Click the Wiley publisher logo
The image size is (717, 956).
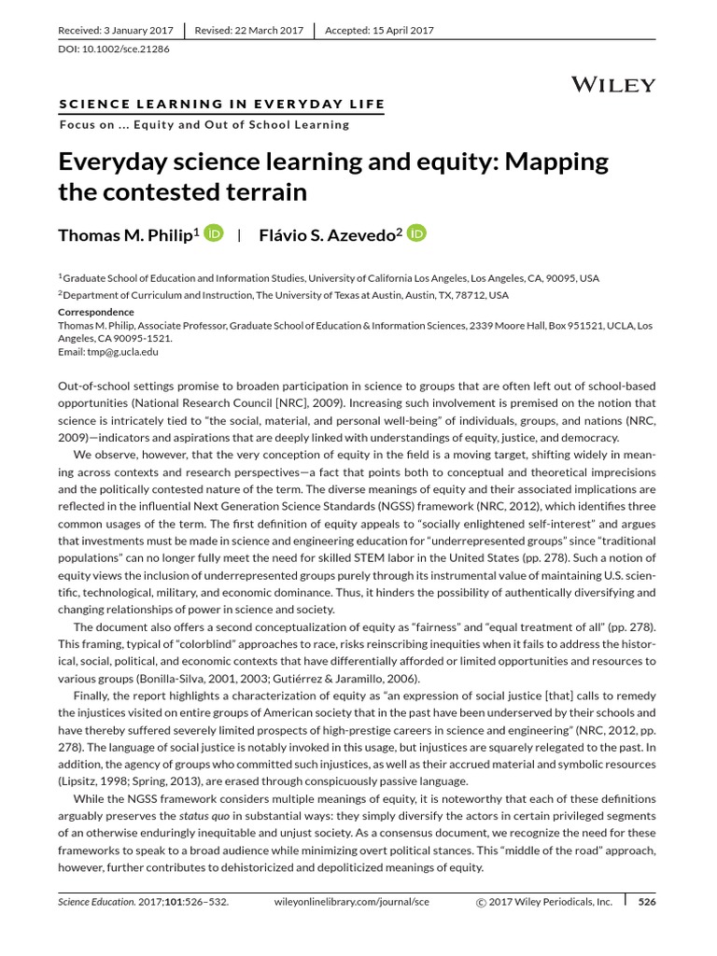(612, 85)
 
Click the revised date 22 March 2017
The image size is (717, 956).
(266, 30)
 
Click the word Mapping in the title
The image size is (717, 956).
(558, 162)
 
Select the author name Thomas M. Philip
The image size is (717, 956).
(125, 235)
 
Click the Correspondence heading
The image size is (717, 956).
(96, 312)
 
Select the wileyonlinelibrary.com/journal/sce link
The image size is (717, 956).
(352, 902)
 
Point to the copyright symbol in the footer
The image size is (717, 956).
(482, 903)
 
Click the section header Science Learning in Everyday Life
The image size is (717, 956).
(221, 104)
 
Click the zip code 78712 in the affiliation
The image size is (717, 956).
(473, 294)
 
